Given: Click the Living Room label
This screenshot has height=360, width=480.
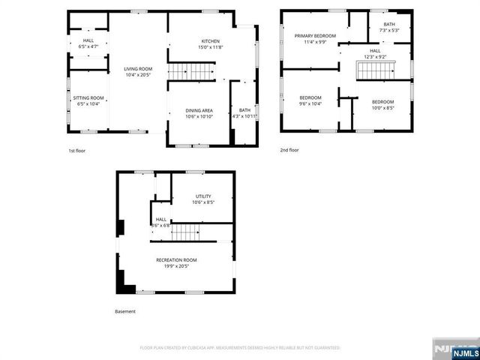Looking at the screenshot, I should pyautogui.click(x=138, y=69).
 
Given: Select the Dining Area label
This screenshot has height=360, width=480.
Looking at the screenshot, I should pyautogui.click(x=199, y=111).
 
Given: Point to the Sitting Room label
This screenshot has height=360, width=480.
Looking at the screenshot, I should pyautogui.click(x=88, y=98).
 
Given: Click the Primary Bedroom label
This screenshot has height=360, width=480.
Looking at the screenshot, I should pyautogui.click(x=313, y=36).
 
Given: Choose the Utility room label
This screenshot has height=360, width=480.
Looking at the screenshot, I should pyautogui.click(x=203, y=196).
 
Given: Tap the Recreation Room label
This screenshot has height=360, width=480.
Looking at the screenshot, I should pyautogui.click(x=177, y=259).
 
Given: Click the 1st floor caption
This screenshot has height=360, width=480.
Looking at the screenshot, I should pyautogui.click(x=76, y=151).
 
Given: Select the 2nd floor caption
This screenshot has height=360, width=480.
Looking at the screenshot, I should pyautogui.click(x=289, y=150).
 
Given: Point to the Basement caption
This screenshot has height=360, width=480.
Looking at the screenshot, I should pyautogui.click(x=125, y=311).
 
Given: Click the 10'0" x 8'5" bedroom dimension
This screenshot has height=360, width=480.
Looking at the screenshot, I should pyautogui.click(x=382, y=107).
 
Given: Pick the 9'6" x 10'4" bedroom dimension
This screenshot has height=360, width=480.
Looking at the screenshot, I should pyautogui.click(x=310, y=103).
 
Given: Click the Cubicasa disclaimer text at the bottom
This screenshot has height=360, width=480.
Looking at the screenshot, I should pyautogui.click(x=240, y=348).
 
